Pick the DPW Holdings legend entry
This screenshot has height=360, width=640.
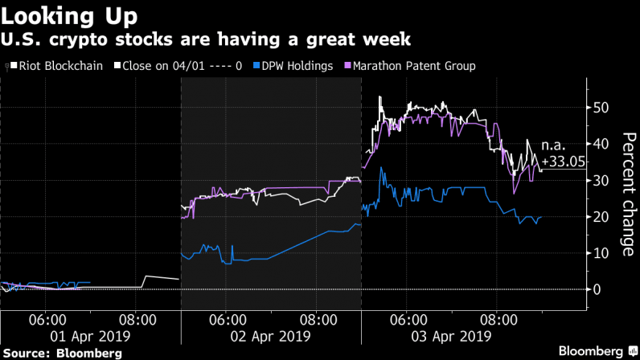click(x=287, y=65)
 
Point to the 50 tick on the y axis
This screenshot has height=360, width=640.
click(x=599, y=108)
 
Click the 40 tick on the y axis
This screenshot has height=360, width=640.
click(x=599, y=144)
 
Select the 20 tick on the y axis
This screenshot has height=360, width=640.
click(x=599, y=217)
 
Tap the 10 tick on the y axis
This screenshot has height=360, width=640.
click(x=599, y=253)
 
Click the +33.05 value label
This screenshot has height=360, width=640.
click(x=564, y=162)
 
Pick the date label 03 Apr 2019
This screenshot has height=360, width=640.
click(x=451, y=334)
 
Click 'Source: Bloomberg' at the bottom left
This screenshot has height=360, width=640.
click(x=63, y=352)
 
